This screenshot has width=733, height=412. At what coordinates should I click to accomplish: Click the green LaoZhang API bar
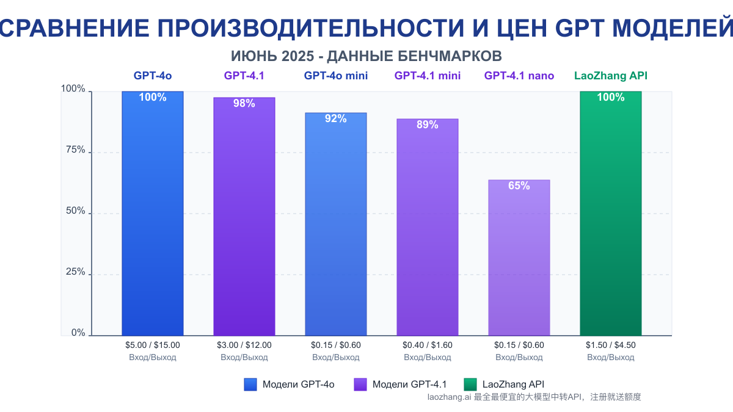pos(610,214)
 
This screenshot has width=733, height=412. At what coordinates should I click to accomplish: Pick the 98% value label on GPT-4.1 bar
pos(244,103)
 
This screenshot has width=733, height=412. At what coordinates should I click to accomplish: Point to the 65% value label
pos(519,186)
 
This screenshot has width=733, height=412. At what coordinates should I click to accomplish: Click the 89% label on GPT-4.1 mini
pos(427,125)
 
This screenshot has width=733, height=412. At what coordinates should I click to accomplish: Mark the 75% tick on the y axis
pos(76,150)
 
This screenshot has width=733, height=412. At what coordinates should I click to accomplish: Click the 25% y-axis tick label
pos(76,272)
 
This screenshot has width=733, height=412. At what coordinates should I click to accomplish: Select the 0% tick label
pos(78,333)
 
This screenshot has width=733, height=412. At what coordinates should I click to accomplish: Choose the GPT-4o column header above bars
pos(153,76)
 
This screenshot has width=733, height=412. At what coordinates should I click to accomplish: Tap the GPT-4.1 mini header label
pos(428,76)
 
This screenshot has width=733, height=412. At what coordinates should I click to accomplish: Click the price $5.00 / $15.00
pos(153,345)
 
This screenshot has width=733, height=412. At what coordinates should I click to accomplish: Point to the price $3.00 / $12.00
pos(244,345)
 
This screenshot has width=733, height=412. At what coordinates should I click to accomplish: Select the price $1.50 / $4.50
pos(611,345)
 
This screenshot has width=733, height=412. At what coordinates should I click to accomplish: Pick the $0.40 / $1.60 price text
pos(428,345)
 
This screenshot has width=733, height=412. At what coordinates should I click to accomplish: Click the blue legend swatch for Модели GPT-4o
pos(250,385)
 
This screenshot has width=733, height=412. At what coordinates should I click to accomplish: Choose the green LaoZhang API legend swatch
pos(470,385)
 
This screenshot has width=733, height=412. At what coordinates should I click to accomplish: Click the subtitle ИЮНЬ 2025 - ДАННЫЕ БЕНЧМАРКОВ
pos(366,56)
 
